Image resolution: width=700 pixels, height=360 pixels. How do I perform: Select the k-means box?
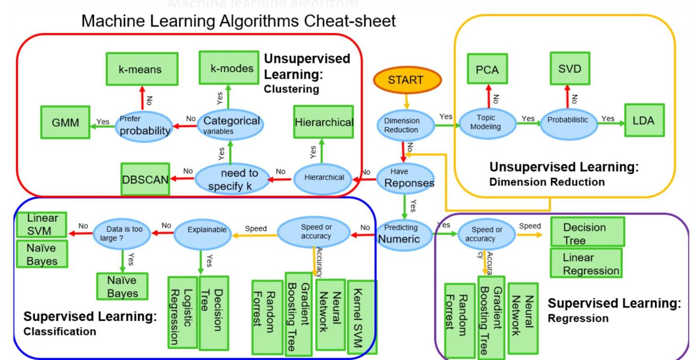pyautogui.click(x=141, y=69)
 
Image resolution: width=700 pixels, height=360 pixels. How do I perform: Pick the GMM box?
pyautogui.click(x=65, y=122)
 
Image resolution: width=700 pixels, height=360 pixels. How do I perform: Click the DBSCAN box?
pyautogui.click(x=145, y=179)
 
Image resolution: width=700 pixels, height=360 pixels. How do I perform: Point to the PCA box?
pyautogui.click(x=487, y=69)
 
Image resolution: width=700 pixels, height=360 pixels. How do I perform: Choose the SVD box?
pyautogui.click(x=570, y=69)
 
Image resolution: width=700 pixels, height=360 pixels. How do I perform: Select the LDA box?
pyautogui.click(x=644, y=120)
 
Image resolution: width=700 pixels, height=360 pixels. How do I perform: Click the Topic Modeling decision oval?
pyautogui.click(x=486, y=122)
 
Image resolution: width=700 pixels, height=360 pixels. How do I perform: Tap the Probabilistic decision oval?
pyautogui.click(x=568, y=120)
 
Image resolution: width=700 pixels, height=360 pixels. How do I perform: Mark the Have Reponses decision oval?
pyautogui.click(x=405, y=178)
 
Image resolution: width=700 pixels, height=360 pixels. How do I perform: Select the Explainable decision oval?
pyautogui.click(x=207, y=230)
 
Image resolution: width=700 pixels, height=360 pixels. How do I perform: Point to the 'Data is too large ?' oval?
pyautogui.click(x=121, y=233)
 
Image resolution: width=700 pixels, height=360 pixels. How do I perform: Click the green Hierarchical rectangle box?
pyautogui.click(x=323, y=122)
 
